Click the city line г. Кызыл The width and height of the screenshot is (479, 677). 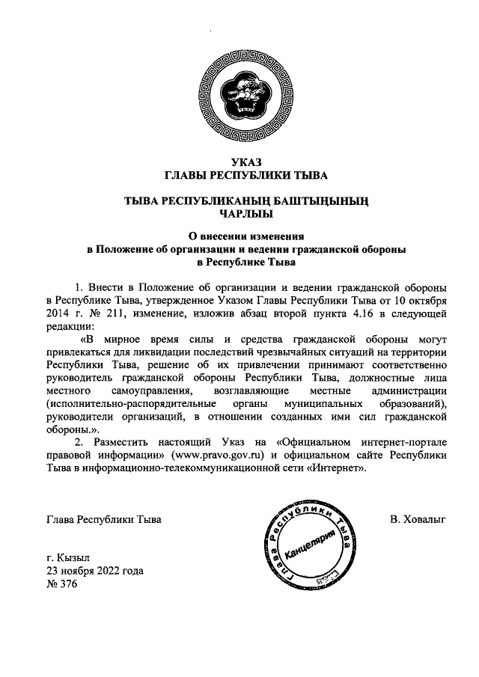67,558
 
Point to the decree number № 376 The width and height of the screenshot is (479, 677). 61,583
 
